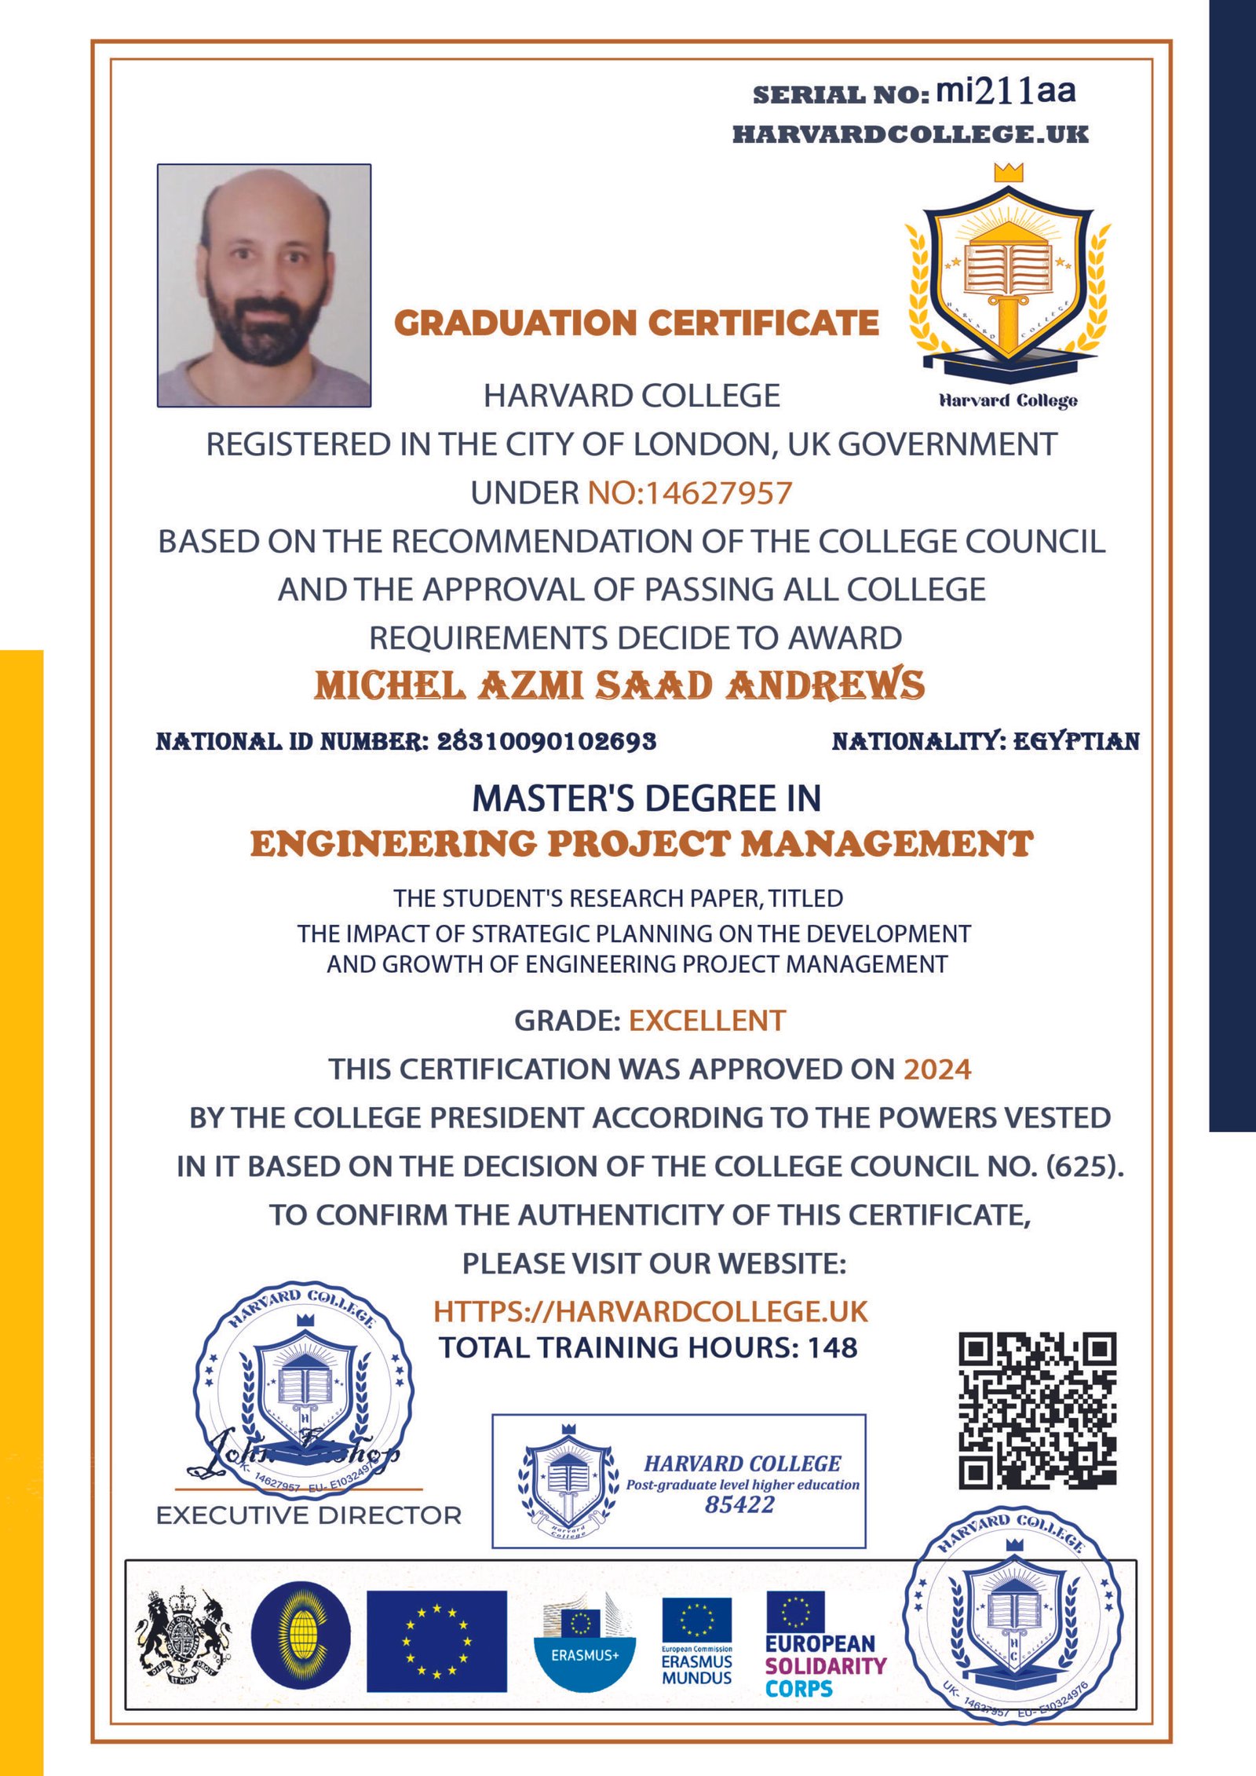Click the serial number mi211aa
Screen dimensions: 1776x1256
coord(1006,92)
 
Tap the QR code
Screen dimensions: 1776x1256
coord(1037,1410)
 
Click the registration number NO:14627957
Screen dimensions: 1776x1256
coord(690,493)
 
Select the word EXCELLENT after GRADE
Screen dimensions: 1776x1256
coord(706,1021)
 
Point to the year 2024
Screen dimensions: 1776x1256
coord(937,1069)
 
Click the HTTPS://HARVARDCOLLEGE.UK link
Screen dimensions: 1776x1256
coord(651,1312)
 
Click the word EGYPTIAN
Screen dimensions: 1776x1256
coord(1076,741)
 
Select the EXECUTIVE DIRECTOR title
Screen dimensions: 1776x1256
coord(309,1515)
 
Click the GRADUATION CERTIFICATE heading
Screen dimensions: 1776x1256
coord(636,323)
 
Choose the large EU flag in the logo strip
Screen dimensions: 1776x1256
coord(436,1641)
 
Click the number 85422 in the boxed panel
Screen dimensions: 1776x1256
coord(739,1504)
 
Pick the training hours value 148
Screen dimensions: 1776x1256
coord(833,1348)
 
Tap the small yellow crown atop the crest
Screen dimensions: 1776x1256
coord(1009,172)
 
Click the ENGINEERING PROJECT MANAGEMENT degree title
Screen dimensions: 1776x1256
coord(641,844)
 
